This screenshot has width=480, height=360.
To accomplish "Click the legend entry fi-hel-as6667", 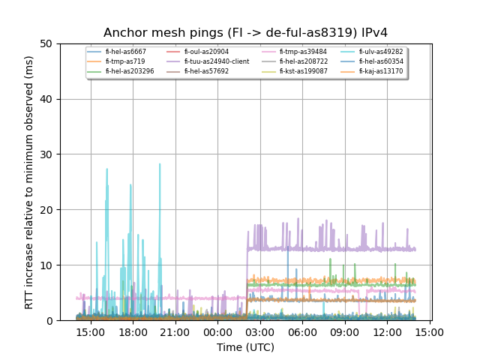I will [x=125, y=52].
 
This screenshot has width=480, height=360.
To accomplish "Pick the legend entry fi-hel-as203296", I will [x=130, y=71].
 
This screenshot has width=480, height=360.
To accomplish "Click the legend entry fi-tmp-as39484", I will [x=303, y=52].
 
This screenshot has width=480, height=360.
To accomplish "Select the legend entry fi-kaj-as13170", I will [x=380, y=71].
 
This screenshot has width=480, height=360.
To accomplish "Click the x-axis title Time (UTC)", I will [x=245, y=347].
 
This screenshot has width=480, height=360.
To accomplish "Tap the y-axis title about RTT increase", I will [x=29, y=182].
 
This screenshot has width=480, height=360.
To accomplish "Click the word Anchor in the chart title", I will [x=122, y=33].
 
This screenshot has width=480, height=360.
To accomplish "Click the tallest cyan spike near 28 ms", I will [x=160, y=164].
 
